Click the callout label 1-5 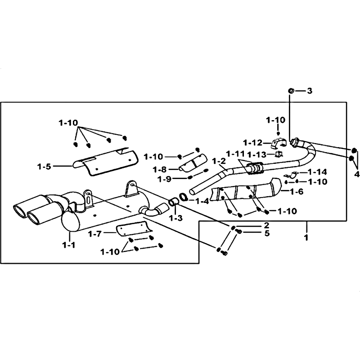click(x=44, y=166)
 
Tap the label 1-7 click(x=94, y=234)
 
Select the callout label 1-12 click(x=252, y=143)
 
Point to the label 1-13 click(x=257, y=154)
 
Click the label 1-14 click(x=318, y=172)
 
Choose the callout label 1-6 click(x=297, y=191)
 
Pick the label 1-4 click(x=202, y=201)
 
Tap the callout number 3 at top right click(x=310, y=91)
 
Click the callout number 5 click(x=267, y=233)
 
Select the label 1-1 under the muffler click(x=69, y=245)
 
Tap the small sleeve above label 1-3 click(x=173, y=202)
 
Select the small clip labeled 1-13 click(x=279, y=154)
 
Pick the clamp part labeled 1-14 click(x=291, y=175)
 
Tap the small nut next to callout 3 click(x=291, y=91)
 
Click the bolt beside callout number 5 click(x=239, y=232)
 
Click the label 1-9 click(x=165, y=179)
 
